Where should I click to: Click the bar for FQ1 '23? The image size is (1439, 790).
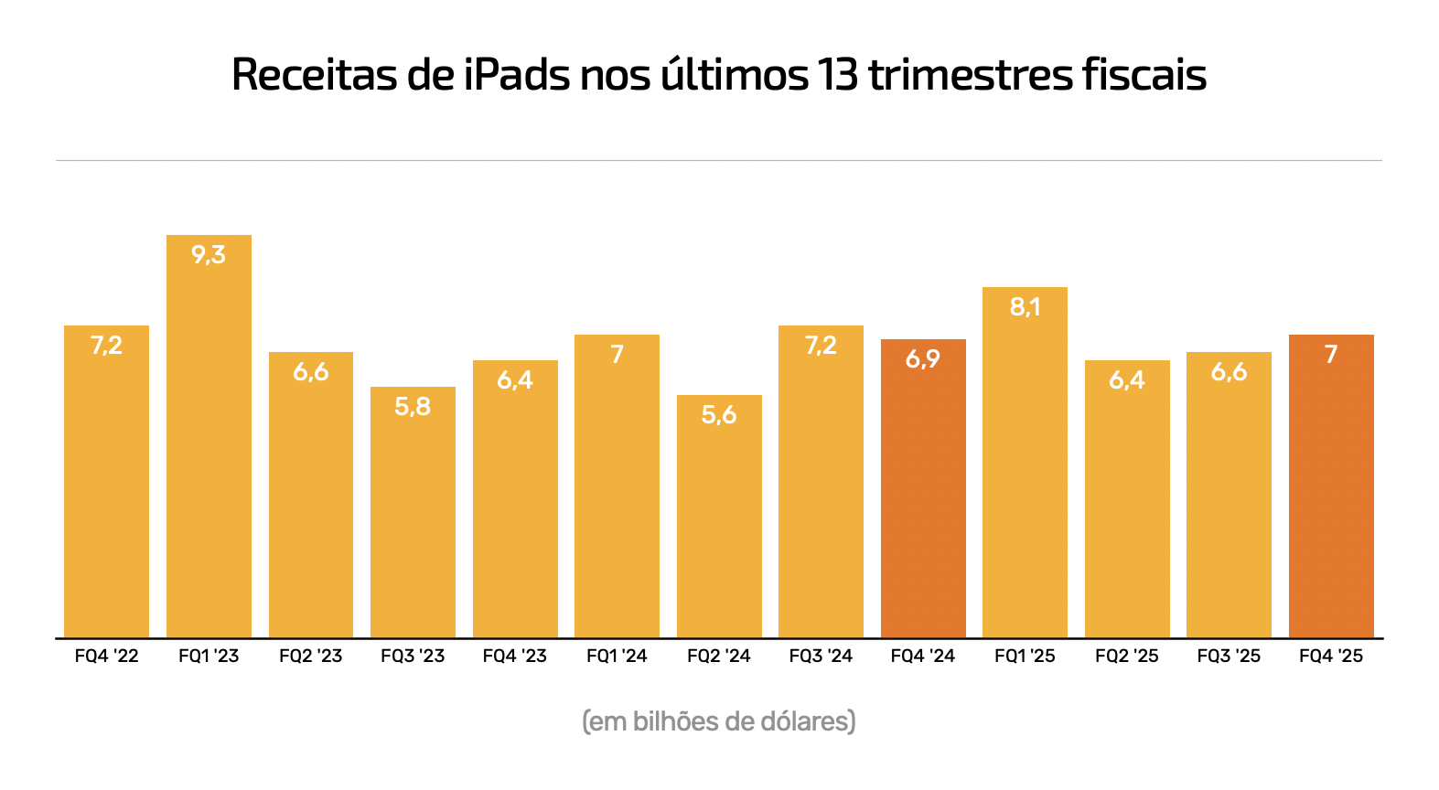coord(209,439)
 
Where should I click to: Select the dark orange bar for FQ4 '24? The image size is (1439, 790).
coord(923,494)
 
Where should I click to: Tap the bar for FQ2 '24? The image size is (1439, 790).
coord(719,521)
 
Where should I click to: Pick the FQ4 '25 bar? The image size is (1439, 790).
coord(1331,494)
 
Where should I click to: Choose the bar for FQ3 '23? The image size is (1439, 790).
coord(413,517)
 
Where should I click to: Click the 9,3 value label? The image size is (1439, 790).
coord(209,255)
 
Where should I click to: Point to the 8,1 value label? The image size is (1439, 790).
coord(1025,307)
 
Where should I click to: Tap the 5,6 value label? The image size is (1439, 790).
coord(719,415)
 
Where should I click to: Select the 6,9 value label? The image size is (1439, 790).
coord(923,359)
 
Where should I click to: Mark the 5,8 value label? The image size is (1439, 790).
coord(413,407)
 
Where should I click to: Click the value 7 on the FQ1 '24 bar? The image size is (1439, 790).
coord(617,355)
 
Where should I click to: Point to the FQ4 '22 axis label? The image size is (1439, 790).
coord(107,656)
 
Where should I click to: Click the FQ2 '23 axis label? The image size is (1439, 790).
coord(311,656)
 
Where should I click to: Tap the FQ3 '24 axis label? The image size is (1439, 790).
coord(821,656)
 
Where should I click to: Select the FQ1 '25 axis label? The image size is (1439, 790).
coord(1025,656)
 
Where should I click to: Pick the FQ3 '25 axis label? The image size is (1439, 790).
coord(1229,656)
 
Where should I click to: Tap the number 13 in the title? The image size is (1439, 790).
coord(838,75)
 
